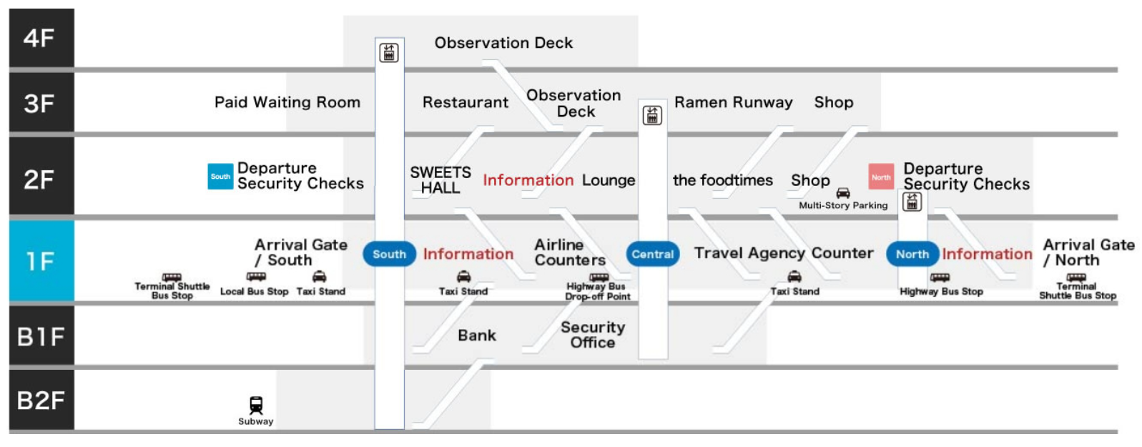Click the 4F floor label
point(41,38)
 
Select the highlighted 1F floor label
point(41,261)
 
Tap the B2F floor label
point(41,401)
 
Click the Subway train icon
point(255,405)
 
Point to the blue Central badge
point(652,254)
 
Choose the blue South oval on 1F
point(389,254)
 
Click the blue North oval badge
point(912,254)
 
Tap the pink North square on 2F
point(881,177)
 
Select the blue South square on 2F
point(220,177)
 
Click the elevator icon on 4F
point(389,52)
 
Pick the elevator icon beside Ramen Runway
point(652,115)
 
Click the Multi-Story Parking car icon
point(843,193)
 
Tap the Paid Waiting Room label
point(287,102)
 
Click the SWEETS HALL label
point(440,180)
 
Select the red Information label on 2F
point(528,180)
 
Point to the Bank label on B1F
point(477,335)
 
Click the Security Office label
point(593,335)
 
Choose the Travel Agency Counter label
point(784,253)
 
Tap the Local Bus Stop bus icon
point(256,277)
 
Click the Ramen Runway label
point(733,102)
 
